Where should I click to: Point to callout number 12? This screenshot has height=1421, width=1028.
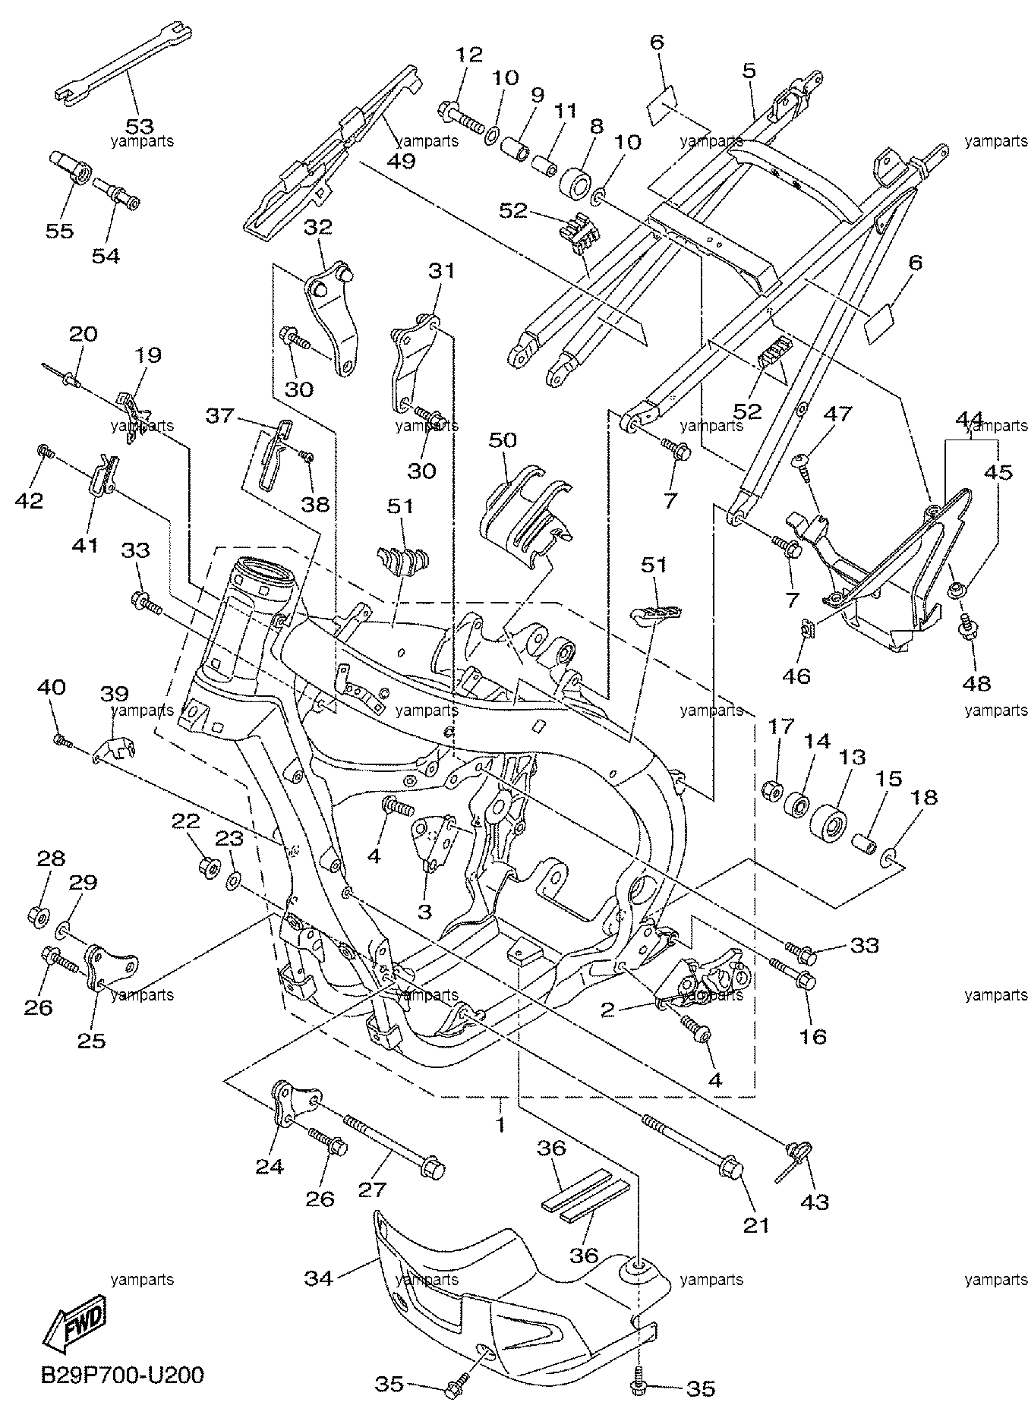click(469, 55)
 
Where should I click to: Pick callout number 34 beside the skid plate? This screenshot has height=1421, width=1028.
click(320, 1278)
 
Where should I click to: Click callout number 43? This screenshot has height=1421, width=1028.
click(812, 1202)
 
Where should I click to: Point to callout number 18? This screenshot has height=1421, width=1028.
click(925, 797)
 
